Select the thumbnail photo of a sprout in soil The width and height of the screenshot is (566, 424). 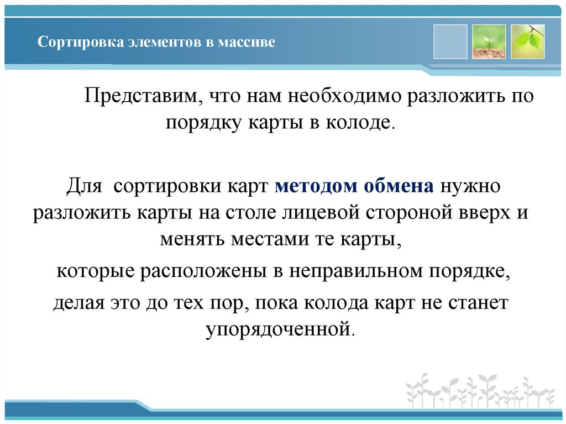point(489,41)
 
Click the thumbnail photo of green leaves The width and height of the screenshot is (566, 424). point(527,41)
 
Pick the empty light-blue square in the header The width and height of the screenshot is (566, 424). point(450,41)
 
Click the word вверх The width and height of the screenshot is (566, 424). point(480,213)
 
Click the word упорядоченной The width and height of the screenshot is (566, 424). point(278,329)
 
